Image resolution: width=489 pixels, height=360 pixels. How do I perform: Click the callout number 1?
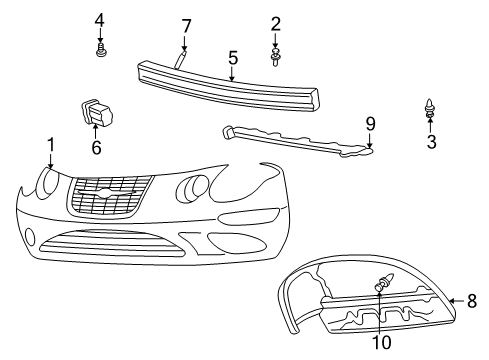pos(49,147)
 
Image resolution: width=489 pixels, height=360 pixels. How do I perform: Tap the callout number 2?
pos(275,24)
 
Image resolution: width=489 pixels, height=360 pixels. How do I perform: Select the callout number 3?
pos(431,142)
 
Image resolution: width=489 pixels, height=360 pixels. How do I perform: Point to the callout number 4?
pos(100,20)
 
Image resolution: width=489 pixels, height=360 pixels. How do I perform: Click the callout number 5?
pos(232,57)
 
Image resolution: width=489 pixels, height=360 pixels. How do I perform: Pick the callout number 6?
pos(96,146)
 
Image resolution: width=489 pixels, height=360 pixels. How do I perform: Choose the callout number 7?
pos(186,25)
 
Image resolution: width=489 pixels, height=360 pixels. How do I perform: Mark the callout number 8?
pos(473,299)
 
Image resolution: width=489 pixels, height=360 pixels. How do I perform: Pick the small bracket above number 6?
pos(93,112)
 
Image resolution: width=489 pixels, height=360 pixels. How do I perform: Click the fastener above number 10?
pos(381,287)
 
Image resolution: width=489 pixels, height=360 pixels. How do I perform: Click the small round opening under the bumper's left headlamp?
pos(30,237)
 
